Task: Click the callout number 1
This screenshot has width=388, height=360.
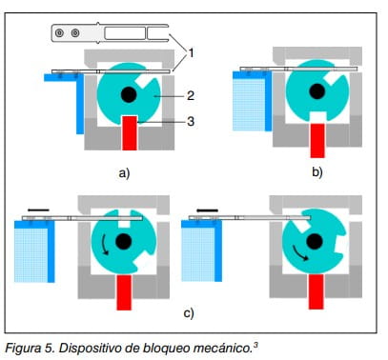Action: [191, 52]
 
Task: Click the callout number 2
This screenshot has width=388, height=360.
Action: [191, 95]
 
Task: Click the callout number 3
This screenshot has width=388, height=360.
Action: [191, 121]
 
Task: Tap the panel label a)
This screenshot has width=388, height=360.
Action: [124, 173]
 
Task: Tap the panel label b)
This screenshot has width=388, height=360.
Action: [317, 171]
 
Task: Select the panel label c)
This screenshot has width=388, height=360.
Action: [189, 313]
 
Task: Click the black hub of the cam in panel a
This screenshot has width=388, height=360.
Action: [129, 94]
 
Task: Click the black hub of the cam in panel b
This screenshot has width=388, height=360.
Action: [317, 91]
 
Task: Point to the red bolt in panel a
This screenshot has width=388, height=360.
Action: [130, 132]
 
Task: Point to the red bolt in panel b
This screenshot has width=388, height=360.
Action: [317, 140]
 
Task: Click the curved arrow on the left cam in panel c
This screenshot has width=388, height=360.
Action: [104, 245]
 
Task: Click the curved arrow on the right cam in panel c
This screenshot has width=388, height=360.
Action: [299, 253]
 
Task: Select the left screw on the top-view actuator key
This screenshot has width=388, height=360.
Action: [59, 32]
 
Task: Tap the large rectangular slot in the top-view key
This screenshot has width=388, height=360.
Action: [125, 33]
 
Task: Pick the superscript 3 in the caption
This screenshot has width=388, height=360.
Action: [255, 344]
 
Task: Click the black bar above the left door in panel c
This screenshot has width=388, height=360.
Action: [38, 210]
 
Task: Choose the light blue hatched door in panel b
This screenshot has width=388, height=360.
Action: [249, 105]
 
